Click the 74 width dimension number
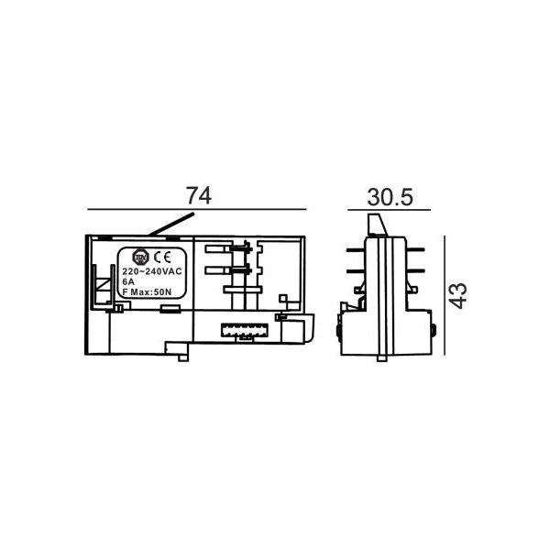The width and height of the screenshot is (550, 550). tap(198, 195)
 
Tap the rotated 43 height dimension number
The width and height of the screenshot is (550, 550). tap(458, 294)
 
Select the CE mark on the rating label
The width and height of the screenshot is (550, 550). tap(159, 257)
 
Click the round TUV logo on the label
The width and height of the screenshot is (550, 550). tap(141, 257)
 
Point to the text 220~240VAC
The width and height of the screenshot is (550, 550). tap(153, 272)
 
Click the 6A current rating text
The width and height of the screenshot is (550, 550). tap(128, 282)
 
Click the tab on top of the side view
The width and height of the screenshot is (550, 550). tap(375, 225)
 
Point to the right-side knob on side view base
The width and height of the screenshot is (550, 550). tap(430, 330)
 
